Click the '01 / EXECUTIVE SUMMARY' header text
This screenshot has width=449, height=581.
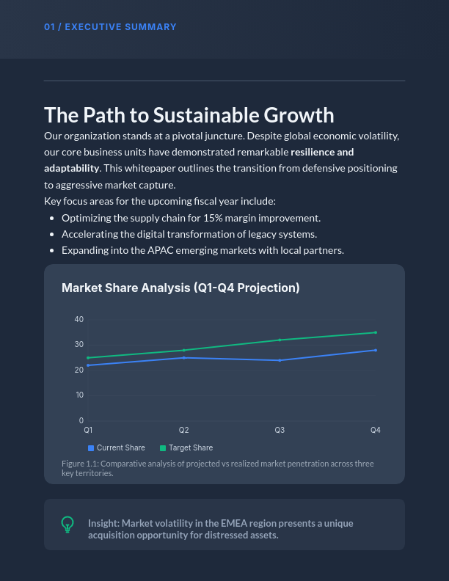(x=110, y=27)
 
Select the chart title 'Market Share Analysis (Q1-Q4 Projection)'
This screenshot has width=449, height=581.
(x=180, y=288)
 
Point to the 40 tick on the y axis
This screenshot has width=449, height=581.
(x=79, y=320)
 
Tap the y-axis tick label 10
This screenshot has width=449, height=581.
(x=79, y=395)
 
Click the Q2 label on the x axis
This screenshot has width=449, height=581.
(x=184, y=430)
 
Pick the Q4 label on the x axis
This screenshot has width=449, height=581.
(x=375, y=430)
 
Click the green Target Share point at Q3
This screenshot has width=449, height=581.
(x=280, y=340)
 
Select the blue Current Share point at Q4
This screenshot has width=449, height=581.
(x=375, y=350)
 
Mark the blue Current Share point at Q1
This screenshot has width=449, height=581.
(x=88, y=365)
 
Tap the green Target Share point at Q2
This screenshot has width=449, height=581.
(x=184, y=350)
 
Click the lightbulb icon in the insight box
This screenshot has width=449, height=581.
(x=67, y=524)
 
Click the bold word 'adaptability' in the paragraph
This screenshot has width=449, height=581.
(x=71, y=169)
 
